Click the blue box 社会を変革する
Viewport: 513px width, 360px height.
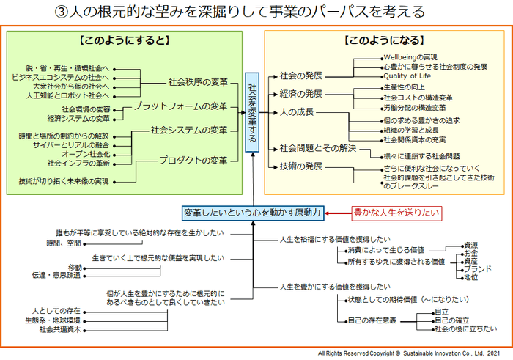(252, 111)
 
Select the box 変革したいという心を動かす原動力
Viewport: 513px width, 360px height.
(252, 213)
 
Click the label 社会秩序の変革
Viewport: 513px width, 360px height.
(198, 81)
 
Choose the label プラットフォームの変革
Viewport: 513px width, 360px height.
(180, 106)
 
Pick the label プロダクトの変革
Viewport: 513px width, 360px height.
(193, 160)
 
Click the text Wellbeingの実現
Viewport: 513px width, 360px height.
(410, 56)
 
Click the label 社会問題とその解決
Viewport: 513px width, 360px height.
(317, 148)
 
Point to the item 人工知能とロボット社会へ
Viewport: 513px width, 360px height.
(68, 95)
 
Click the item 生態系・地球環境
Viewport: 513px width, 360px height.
(52, 320)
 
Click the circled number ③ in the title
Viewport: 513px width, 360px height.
(63, 12)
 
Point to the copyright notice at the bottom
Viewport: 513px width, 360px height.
(412, 353)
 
